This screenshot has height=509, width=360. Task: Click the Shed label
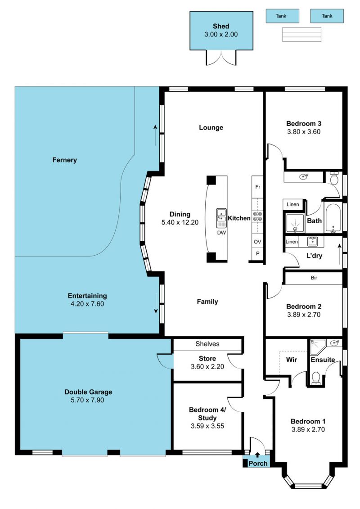coord(221,26)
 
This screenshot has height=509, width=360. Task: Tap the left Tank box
coord(283,16)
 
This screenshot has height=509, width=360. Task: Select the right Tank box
coord(327,16)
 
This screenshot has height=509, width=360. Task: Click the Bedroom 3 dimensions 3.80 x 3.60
coord(304,132)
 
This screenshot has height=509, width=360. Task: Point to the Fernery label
coord(65,160)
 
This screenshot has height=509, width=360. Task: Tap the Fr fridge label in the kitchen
coord(258,187)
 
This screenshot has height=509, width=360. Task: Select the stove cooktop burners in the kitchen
coord(258,216)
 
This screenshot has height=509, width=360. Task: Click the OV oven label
coord(257,242)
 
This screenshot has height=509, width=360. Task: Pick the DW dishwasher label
coord(221,233)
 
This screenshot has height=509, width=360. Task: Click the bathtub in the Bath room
coord(333,218)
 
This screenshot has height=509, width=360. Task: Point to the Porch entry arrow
coord(257,455)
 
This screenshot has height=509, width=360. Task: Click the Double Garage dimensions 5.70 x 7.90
coord(88,400)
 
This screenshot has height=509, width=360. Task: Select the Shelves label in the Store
coord(207,344)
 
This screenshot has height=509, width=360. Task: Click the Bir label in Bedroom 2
coord(314,278)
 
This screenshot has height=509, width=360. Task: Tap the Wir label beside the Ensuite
coord(292,360)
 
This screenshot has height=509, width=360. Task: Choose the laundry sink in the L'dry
coord(312,242)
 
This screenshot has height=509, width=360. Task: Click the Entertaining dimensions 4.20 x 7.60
coord(87,304)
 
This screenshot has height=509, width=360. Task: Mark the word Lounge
coord(211,127)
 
